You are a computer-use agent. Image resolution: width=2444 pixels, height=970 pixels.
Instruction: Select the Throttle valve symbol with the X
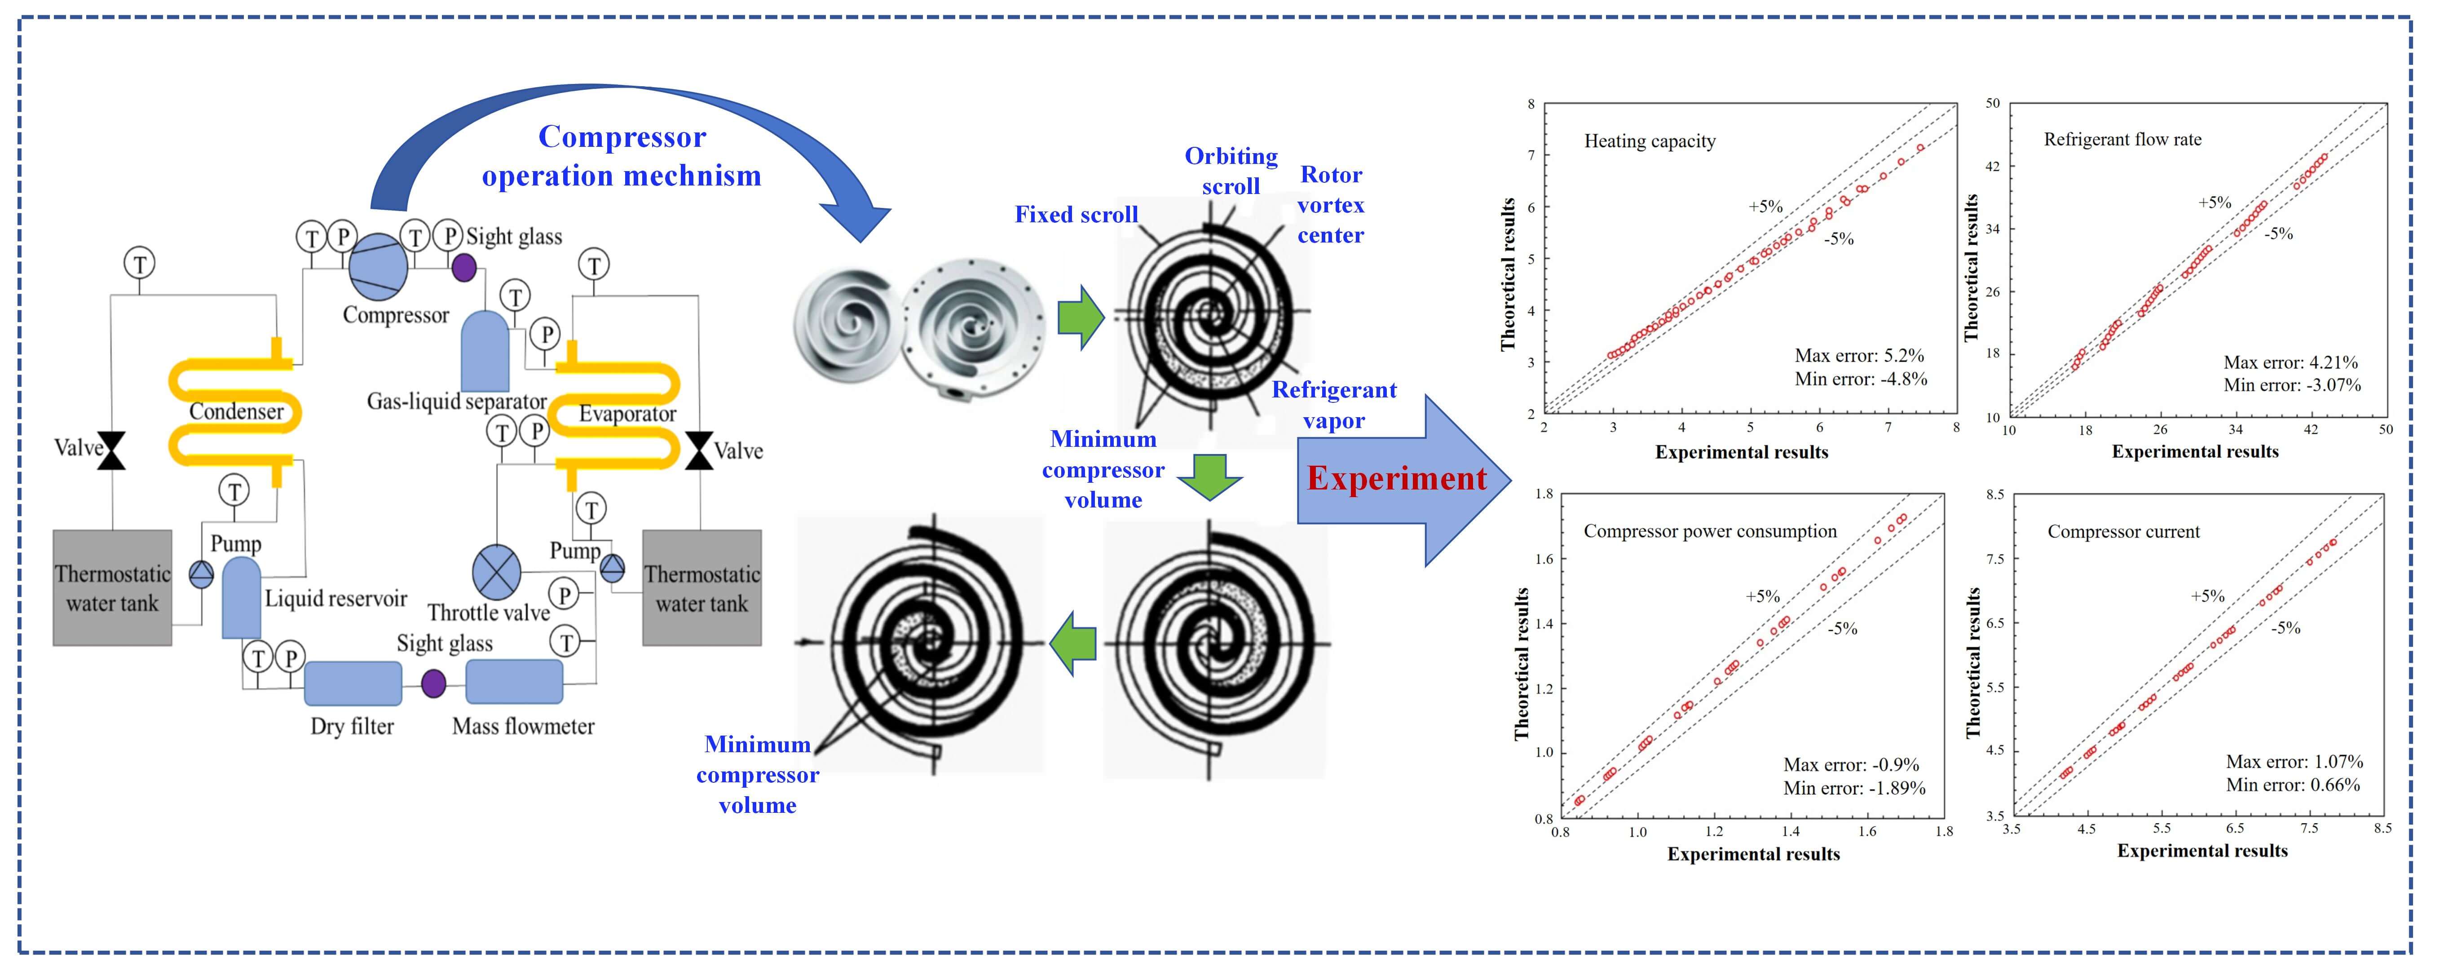[x=496, y=572]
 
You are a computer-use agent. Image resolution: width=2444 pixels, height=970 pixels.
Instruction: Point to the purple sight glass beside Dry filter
[x=433, y=683]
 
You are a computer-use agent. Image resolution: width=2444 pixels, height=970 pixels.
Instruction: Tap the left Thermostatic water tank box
[x=112, y=587]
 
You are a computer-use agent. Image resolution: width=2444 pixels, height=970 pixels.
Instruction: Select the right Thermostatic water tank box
[x=702, y=587]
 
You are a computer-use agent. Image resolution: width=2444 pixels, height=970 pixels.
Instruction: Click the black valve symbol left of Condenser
[x=113, y=450]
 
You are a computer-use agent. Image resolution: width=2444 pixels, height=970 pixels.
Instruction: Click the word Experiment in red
[x=1397, y=478]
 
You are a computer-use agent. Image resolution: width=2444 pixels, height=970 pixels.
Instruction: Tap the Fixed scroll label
[x=1076, y=215]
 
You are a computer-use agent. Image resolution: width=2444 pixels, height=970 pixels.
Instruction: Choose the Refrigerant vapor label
[x=1334, y=405]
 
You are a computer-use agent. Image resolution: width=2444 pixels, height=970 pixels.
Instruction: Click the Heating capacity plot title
[x=1650, y=141]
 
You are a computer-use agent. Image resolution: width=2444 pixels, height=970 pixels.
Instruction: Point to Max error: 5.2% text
[x=1859, y=356]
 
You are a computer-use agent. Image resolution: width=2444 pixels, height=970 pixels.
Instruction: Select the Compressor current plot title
[x=2123, y=532]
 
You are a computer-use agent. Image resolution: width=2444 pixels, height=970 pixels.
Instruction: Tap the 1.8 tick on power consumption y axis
[x=1544, y=494]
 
